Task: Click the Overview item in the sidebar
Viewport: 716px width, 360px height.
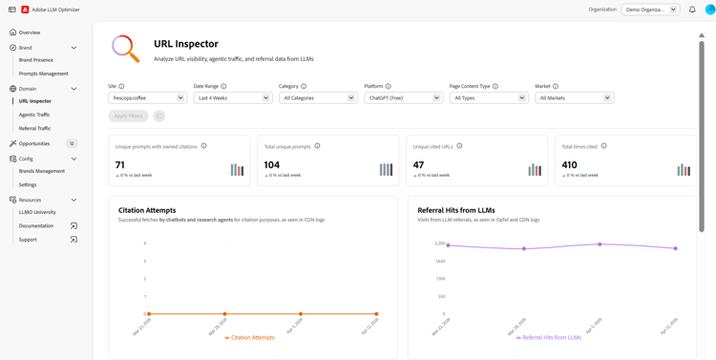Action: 29,32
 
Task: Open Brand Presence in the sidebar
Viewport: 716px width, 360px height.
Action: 36,60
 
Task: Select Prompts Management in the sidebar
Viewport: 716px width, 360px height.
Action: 43,74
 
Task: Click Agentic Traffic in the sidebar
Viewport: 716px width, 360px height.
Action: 34,115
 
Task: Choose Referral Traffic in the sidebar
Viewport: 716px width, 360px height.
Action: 34,128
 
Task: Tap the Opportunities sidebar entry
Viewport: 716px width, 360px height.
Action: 33,143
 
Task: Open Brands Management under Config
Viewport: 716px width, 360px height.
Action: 42,171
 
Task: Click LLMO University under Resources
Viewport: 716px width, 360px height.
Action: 37,212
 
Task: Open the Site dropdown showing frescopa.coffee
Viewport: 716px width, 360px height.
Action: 147,97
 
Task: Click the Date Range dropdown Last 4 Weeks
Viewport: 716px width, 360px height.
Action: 233,97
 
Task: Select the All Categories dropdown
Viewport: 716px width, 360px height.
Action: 318,97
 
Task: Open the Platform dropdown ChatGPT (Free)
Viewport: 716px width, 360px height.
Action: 403,97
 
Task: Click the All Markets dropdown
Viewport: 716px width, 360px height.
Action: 574,97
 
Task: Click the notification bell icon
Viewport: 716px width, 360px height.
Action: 692,10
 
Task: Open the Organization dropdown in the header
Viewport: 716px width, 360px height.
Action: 650,10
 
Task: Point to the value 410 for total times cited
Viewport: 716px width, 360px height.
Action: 569,165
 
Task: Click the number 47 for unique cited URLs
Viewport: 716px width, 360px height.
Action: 418,165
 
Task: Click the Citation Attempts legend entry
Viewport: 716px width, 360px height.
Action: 252,337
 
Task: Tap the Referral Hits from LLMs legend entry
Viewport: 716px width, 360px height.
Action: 551,337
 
